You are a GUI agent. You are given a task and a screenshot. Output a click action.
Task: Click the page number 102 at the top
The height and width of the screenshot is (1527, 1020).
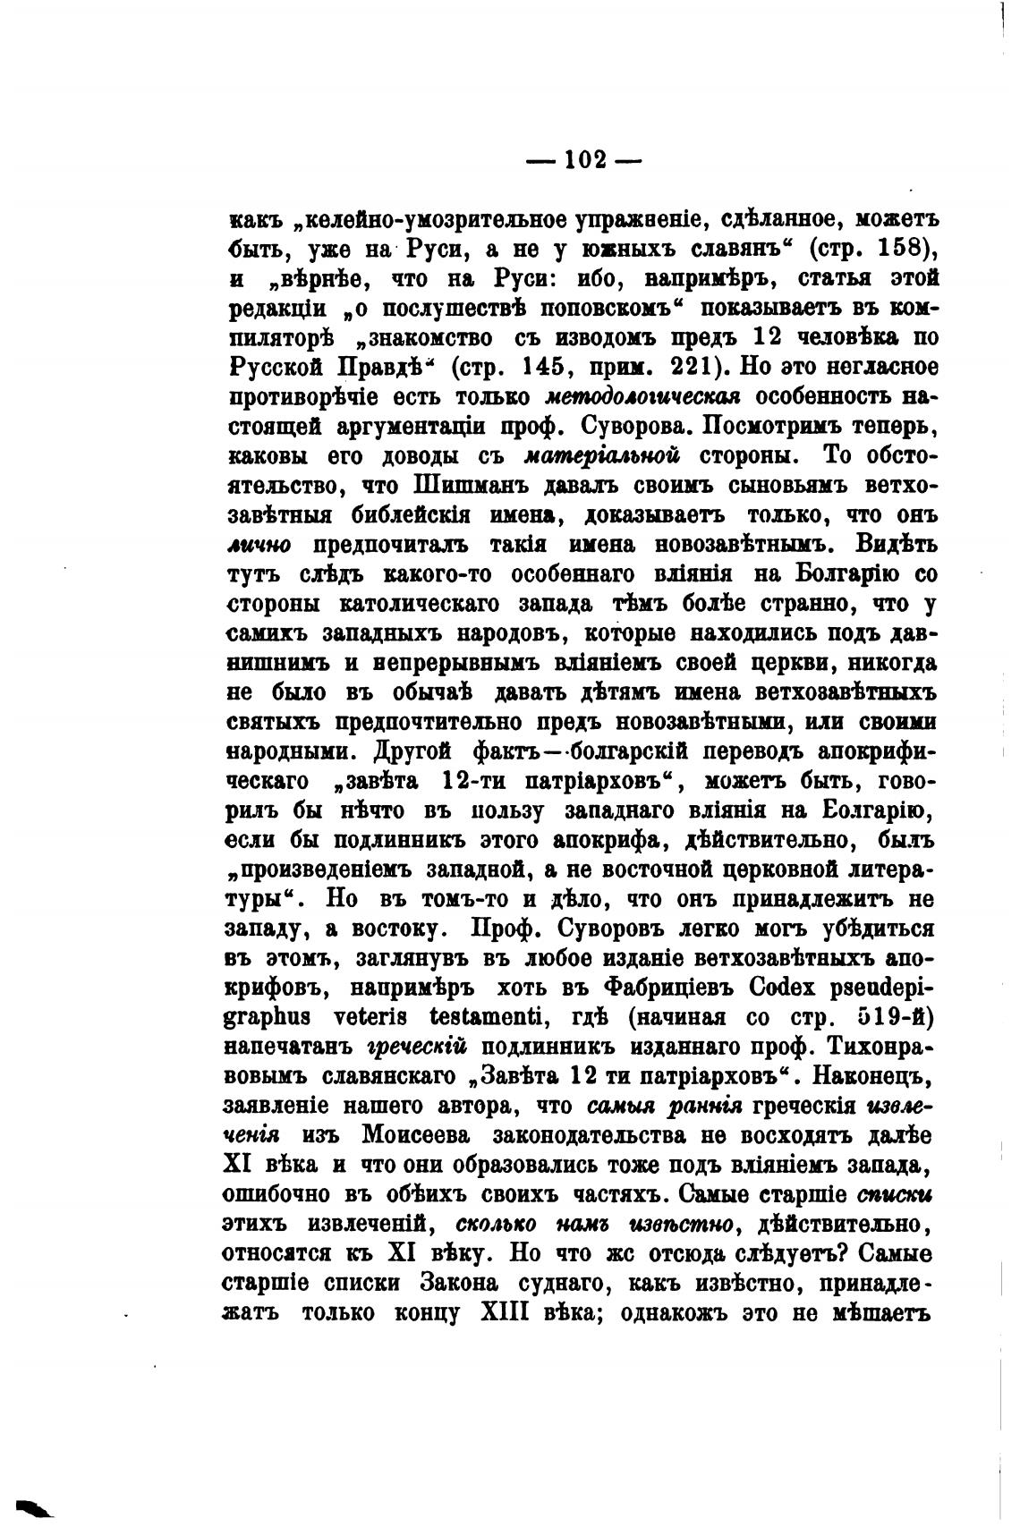click(x=585, y=160)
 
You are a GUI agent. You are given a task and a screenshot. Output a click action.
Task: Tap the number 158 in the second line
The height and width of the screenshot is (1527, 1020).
click(x=887, y=248)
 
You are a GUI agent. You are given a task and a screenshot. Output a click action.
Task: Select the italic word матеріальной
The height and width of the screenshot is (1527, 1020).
click(x=602, y=456)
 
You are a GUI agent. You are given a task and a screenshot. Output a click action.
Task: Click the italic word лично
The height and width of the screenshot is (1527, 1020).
click(x=253, y=545)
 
